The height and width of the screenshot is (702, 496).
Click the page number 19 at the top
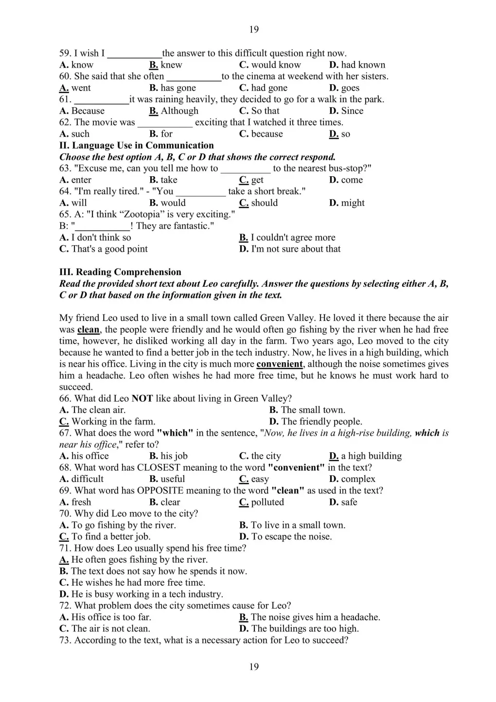[x=254, y=30]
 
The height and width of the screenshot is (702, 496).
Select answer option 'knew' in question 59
[x=171, y=65]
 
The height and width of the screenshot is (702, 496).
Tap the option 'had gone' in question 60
[x=269, y=88]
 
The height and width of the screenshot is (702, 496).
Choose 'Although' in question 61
[x=179, y=111]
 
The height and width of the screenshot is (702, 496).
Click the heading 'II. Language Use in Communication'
[x=137, y=146]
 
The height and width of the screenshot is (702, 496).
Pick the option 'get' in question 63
[x=257, y=180]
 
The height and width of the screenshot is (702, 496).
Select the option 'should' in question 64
[x=264, y=203]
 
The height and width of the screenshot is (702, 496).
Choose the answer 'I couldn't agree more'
[x=293, y=238]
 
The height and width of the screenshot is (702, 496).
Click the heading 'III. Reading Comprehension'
[x=120, y=272]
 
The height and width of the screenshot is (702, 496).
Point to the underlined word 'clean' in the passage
[x=88, y=330]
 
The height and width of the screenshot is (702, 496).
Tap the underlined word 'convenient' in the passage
[x=280, y=364]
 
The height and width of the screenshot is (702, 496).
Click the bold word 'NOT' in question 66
[x=142, y=399]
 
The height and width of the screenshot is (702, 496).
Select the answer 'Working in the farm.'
[x=113, y=422]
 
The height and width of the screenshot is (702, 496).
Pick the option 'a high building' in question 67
[x=371, y=456]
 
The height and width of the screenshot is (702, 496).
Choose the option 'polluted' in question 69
[x=267, y=502]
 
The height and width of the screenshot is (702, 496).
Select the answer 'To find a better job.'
[x=111, y=537]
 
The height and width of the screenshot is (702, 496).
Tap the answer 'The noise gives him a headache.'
[x=316, y=617]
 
